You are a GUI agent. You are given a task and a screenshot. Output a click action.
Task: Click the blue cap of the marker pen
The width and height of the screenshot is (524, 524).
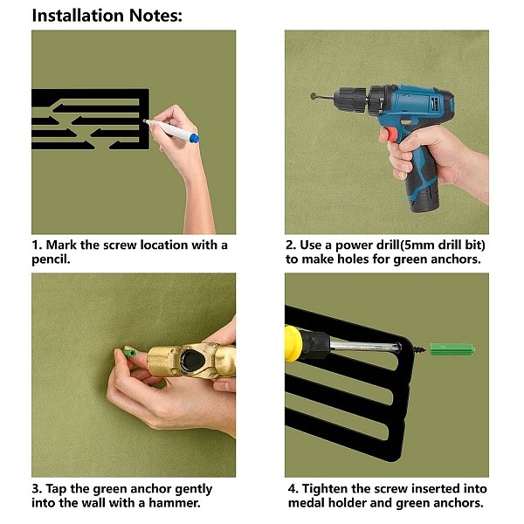[194, 138]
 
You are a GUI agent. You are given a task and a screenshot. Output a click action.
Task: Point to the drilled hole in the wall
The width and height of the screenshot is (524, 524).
[314, 96]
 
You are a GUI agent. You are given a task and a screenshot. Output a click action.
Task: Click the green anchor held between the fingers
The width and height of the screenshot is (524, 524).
[129, 353]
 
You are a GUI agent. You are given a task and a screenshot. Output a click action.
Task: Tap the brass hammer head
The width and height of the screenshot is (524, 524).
[191, 361]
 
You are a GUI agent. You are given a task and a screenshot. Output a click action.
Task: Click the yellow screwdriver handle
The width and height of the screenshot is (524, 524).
[293, 343]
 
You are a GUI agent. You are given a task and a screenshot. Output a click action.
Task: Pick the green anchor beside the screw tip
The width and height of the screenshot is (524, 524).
[452, 350]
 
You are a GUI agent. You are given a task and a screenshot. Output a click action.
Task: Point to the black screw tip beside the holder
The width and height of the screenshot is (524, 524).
[419, 350]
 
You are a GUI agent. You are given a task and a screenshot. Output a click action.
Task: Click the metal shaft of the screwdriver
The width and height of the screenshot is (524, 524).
[365, 346]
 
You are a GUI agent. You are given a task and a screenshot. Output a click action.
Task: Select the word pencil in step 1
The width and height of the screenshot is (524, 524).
[50, 259]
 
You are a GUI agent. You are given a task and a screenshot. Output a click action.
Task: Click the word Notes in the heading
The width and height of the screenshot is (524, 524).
[154, 16]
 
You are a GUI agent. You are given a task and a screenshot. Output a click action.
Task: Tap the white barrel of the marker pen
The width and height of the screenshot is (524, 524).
[169, 129]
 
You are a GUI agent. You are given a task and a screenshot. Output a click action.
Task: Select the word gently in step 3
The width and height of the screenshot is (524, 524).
[194, 489]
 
